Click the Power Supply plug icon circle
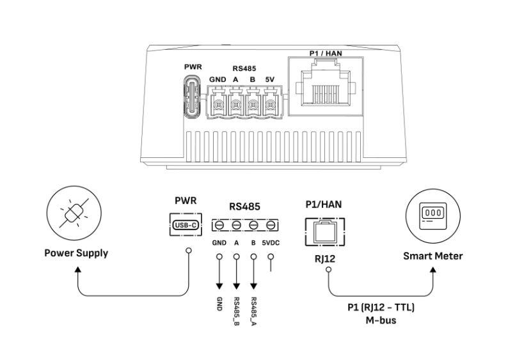[74, 213]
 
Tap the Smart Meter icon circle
[433, 216]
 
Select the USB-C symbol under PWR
[186, 225]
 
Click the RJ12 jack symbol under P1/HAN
[325, 231]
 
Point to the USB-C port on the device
[191, 96]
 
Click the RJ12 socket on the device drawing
[326, 86]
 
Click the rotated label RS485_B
[236, 311]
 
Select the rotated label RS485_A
[253, 311]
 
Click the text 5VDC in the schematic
[271, 243]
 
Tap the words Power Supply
[76, 253]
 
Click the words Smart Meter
[433, 256]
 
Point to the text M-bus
[381, 320]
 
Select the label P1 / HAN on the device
[326, 53]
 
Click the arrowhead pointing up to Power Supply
[77, 269]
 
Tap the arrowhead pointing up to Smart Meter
[433, 270]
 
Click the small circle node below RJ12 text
[328, 270]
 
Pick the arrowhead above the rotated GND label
[219, 286]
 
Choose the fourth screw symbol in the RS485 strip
[271, 225]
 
